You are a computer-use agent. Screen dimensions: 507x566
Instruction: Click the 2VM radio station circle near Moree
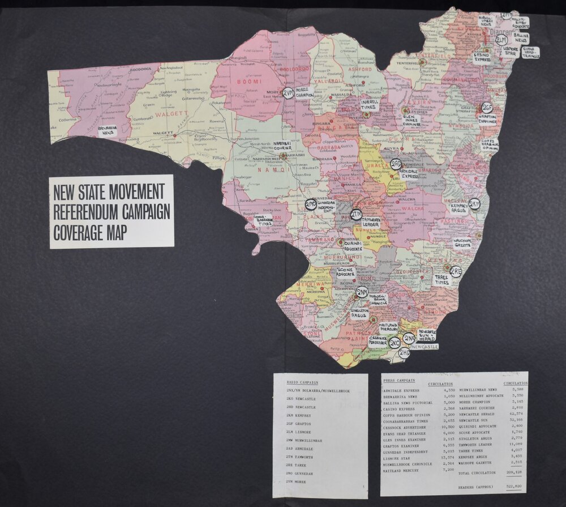288,93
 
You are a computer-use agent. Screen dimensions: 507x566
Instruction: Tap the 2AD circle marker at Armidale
396,164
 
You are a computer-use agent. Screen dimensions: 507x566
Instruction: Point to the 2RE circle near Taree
456,272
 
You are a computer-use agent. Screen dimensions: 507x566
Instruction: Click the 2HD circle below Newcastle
404,353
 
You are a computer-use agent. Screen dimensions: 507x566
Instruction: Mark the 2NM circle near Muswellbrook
362,292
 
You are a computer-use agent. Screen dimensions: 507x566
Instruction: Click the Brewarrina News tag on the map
107,131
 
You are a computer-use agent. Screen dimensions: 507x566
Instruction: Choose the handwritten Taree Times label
442,280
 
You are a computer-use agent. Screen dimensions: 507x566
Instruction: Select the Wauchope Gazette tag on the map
462,244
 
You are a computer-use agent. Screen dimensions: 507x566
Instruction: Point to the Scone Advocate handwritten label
345,272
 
